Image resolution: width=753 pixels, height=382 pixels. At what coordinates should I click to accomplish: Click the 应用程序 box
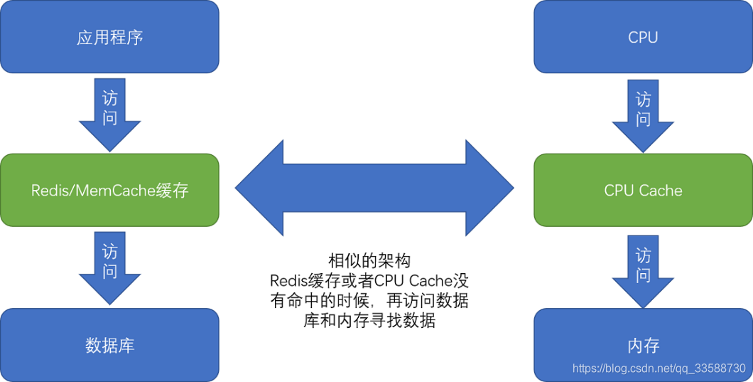109,37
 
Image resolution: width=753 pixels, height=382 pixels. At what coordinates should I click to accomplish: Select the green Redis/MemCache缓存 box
109,190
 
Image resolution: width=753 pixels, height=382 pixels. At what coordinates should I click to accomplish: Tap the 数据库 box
109,345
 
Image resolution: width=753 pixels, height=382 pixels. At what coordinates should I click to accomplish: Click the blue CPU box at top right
643,37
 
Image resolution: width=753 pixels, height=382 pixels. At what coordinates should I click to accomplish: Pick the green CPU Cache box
643,190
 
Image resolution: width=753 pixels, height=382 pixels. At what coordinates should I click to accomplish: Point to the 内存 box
643,345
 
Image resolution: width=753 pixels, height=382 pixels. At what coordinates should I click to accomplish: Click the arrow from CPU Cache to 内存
643,267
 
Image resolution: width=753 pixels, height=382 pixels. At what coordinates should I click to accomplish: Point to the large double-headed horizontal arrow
374,188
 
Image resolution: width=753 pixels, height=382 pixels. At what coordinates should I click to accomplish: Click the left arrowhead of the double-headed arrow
259,188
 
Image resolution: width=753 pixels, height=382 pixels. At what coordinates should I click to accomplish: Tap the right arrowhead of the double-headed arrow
490,188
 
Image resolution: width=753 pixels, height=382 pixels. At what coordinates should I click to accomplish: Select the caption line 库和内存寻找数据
369,320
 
